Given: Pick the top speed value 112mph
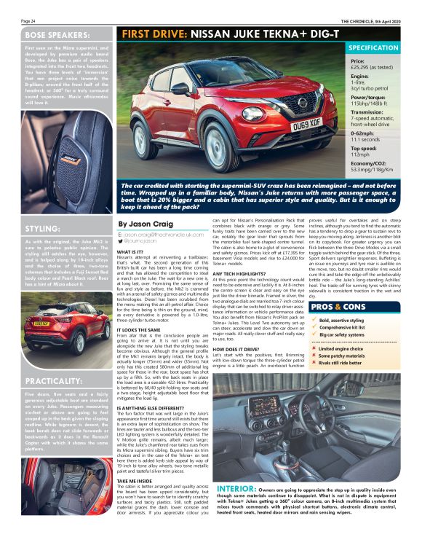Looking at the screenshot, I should (x=362, y=154).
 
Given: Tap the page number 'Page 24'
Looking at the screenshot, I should (x=28, y=21).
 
